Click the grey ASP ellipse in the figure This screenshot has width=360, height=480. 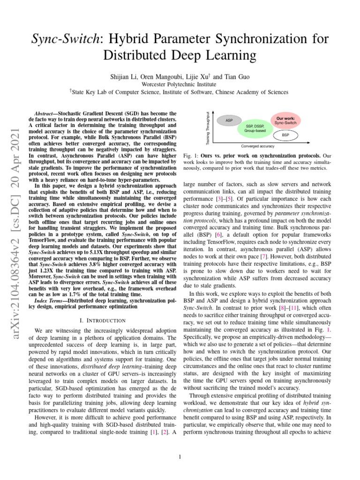tap(229, 120)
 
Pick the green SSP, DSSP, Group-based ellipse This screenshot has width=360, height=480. tap(255, 128)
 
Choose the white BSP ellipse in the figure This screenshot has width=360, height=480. tap(285, 135)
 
